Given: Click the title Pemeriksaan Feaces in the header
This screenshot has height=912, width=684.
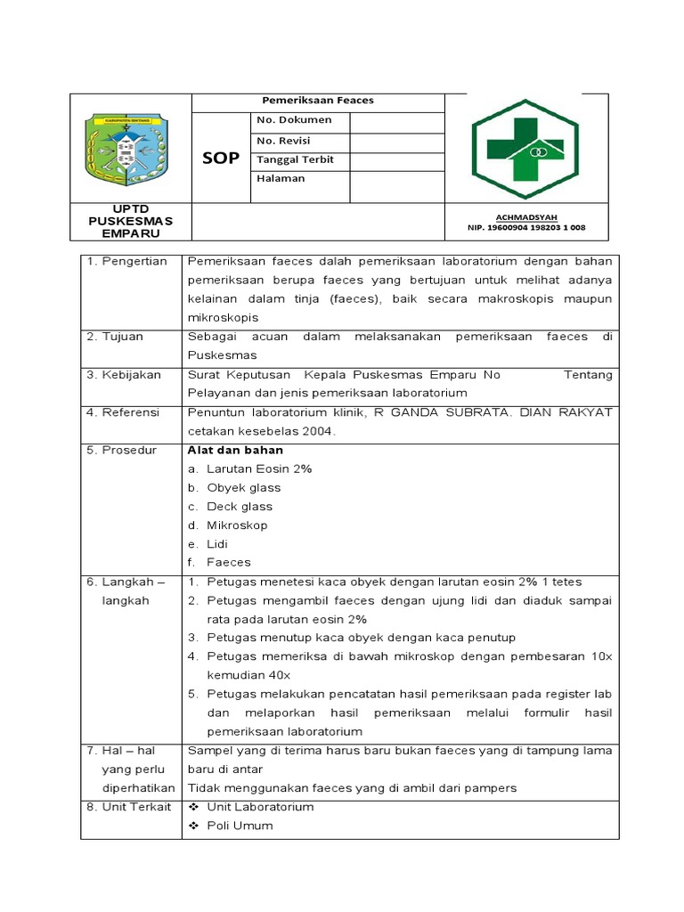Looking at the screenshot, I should click(x=317, y=101).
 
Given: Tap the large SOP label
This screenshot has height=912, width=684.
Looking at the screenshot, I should click(x=221, y=158).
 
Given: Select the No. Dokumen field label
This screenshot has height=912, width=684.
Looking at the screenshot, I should click(x=294, y=120).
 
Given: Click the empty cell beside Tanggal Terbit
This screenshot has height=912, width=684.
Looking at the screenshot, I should click(x=396, y=161).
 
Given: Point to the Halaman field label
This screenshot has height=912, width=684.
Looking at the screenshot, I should click(x=281, y=178).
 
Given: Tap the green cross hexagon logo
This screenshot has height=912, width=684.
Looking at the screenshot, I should click(x=525, y=150).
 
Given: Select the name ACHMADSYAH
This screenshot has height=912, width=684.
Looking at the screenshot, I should click(x=525, y=217).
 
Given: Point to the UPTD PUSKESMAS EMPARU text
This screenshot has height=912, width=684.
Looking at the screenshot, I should click(x=130, y=221).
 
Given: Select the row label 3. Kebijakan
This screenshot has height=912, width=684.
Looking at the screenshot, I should click(x=124, y=375).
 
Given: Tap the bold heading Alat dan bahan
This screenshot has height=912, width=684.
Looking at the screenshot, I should click(x=235, y=451).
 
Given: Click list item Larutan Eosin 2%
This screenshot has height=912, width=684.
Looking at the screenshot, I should click(x=259, y=468).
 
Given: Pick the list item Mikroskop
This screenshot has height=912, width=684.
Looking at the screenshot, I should click(x=237, y=525).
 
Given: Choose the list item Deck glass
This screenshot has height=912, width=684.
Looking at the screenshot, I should click(x=240, y=506).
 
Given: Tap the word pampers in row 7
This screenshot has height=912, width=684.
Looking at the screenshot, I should click(x=488, y=787).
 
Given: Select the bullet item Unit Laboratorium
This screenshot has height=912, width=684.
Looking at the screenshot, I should click(x=260, y=807).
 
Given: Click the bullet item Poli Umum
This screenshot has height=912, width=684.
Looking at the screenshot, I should click(x=240, y=826).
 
